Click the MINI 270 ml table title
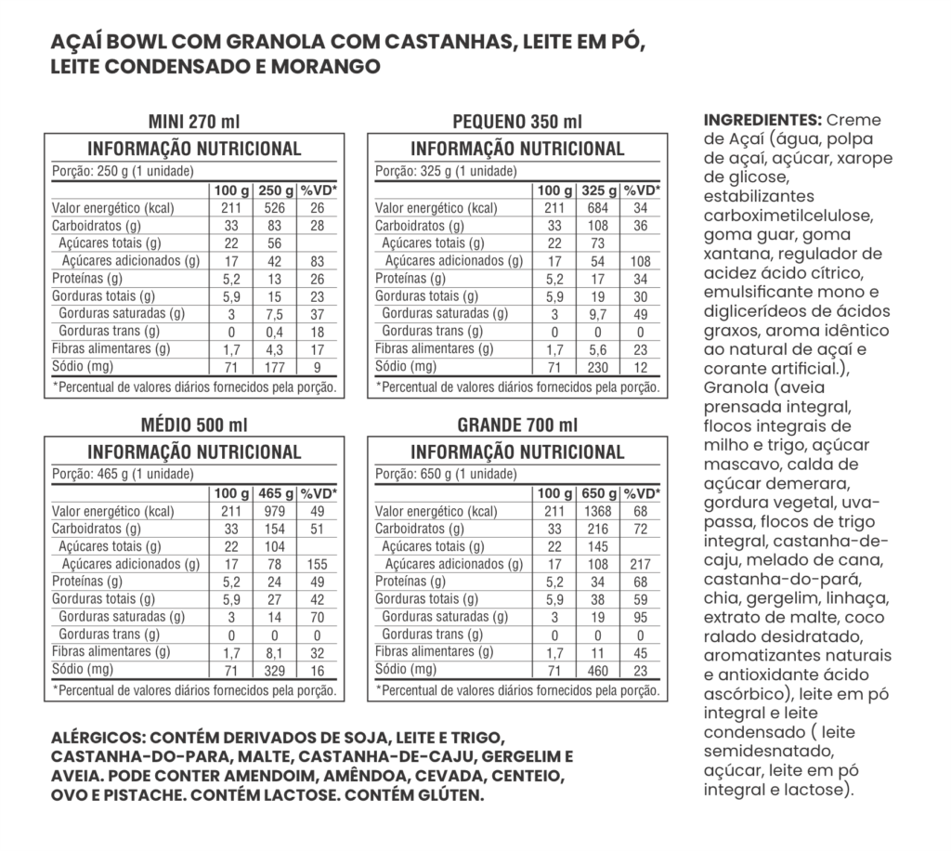194,123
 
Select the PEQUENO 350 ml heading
517,123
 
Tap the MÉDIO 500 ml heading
194,425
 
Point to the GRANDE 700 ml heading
517,425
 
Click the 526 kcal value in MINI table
274,208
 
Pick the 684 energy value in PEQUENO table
597,208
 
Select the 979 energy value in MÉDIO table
274,511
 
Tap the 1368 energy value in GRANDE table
597,511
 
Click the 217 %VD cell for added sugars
641,564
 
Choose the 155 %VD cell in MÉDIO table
318,564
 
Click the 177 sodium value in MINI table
274,366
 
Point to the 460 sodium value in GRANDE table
597,669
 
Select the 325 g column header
597,190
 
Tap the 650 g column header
597,493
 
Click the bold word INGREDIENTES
762,121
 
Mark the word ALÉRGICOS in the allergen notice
98,738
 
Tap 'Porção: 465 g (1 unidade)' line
123,474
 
